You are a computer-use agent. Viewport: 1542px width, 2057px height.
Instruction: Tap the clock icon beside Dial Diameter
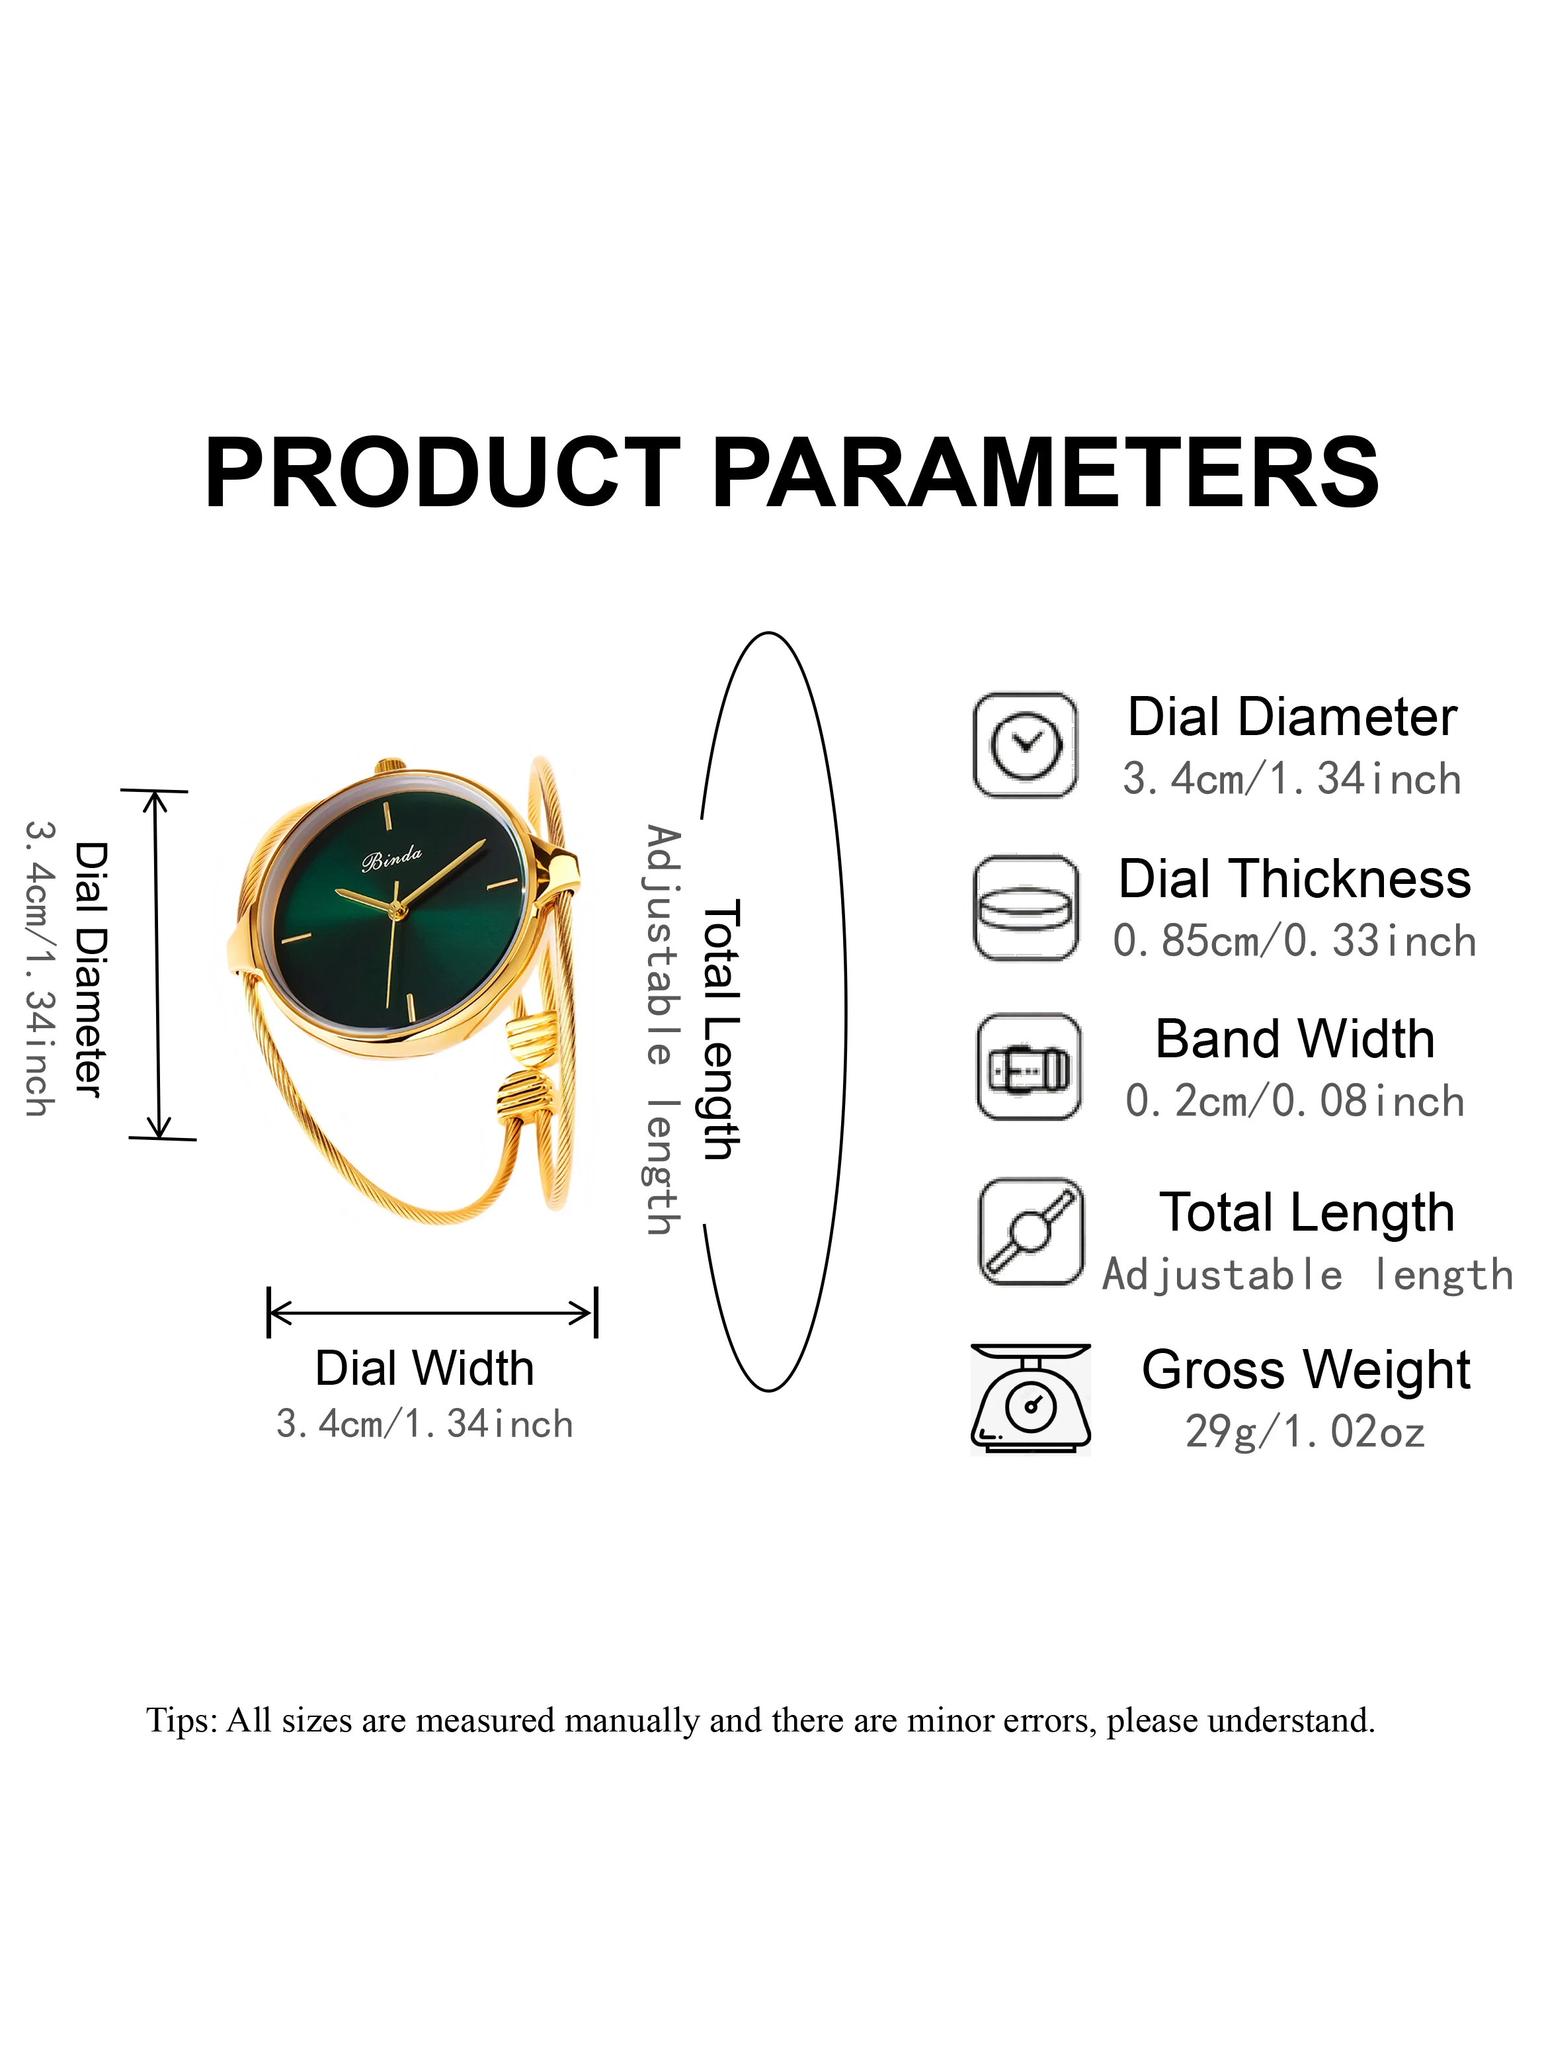coord(1025,745)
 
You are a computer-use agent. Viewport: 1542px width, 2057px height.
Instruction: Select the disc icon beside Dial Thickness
coord(1026,908)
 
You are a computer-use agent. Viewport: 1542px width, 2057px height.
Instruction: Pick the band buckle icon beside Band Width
coord(1029,1067)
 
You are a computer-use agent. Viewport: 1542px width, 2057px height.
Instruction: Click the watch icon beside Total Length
coord(1031,1231)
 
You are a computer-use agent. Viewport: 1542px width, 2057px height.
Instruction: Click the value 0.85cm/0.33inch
coord(1294,941)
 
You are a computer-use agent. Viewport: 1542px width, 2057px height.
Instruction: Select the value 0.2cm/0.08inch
coord(1294,1101)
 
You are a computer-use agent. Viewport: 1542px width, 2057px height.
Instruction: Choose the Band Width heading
coord(1295,1039)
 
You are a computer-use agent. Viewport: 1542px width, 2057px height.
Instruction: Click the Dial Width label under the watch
coord(425,1368)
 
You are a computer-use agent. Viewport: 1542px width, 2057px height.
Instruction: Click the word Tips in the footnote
coord(181,1720)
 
